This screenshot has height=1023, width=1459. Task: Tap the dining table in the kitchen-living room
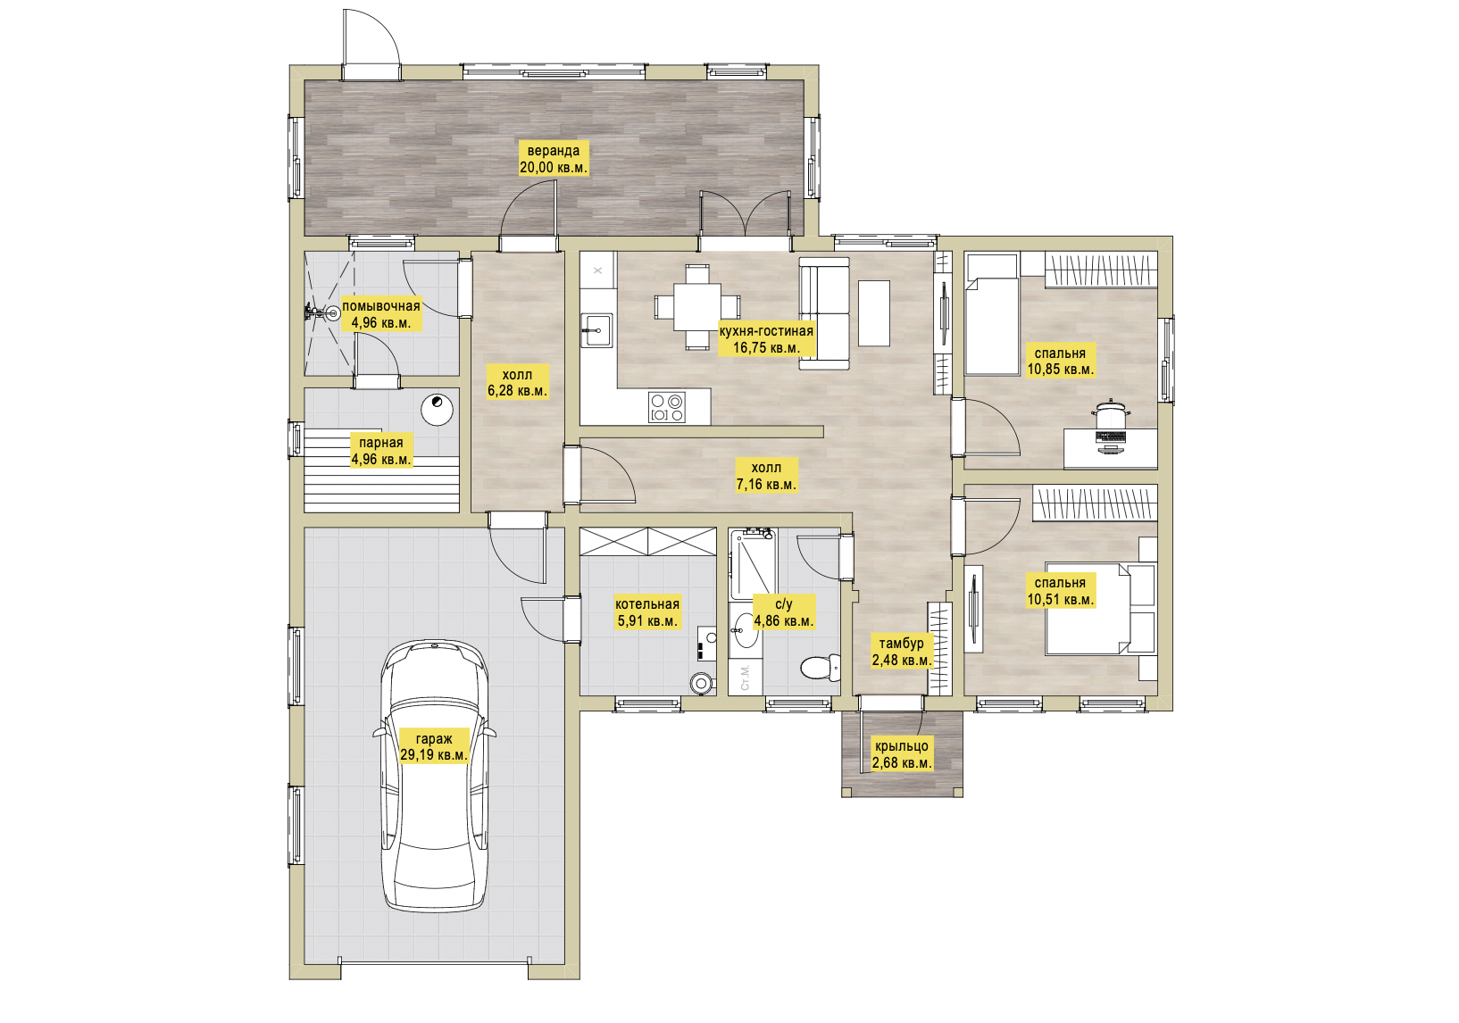tap(697, 307)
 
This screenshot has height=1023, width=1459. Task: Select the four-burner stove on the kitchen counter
tap(667, 408)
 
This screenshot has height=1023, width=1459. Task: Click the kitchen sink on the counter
tap(596, 331)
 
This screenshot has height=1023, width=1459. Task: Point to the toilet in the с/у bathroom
tap(820, 668)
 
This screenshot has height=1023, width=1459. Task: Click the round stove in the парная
tap(437, 410)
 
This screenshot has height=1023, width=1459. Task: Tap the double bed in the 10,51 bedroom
tap(1100, 609)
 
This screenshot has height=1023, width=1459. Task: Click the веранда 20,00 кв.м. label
tap(554, 159)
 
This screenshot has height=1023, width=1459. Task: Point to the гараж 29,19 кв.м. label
tap(434, 747)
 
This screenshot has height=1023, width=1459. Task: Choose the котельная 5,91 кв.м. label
tap(647, 612)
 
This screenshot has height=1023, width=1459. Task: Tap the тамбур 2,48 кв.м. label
tap(902, 652)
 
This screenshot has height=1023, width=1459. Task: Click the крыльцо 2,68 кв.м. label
tap(902, 754)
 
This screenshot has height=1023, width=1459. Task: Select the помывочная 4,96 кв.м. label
tap(381, 314)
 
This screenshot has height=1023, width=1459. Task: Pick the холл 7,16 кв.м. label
tap(766, 476)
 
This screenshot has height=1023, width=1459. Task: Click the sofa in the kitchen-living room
tap(825, 313)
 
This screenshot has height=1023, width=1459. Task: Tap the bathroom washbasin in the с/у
tap(746, 630)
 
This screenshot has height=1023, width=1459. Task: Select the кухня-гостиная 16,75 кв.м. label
tap(766, 339)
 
